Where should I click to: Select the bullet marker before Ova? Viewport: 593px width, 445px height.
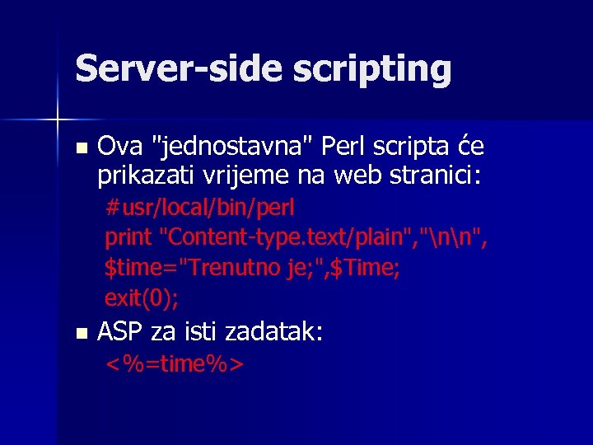[x=80, y=149]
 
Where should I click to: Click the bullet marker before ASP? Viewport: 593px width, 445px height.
[x=80, y=334]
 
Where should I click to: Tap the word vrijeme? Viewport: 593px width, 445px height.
[x=239, y=176]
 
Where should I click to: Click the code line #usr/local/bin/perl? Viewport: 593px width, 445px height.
[x=199, y=206]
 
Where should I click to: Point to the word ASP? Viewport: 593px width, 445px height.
[x=118, y=333]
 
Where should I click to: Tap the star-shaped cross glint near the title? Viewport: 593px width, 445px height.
[x=58, y=120]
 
